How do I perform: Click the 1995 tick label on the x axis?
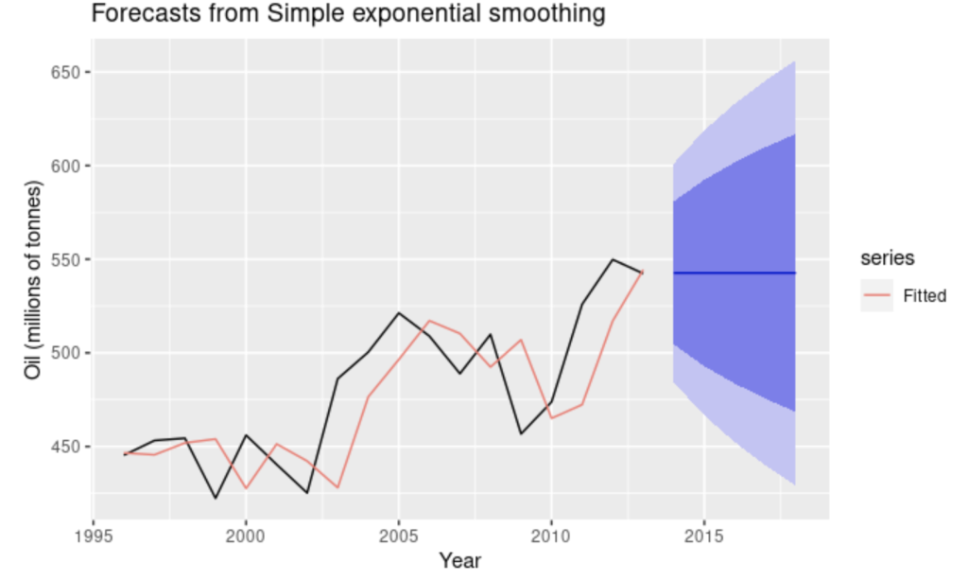coord(94,535)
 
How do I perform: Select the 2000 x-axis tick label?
coord(246,535)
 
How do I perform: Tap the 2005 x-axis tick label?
coord(398,535)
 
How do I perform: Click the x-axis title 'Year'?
coord(460,561)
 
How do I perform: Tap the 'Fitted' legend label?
coord(924,296)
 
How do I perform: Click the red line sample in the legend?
coord(878,296)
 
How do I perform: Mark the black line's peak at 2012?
coord(613,259)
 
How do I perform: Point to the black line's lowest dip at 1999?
coord(216,498)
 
